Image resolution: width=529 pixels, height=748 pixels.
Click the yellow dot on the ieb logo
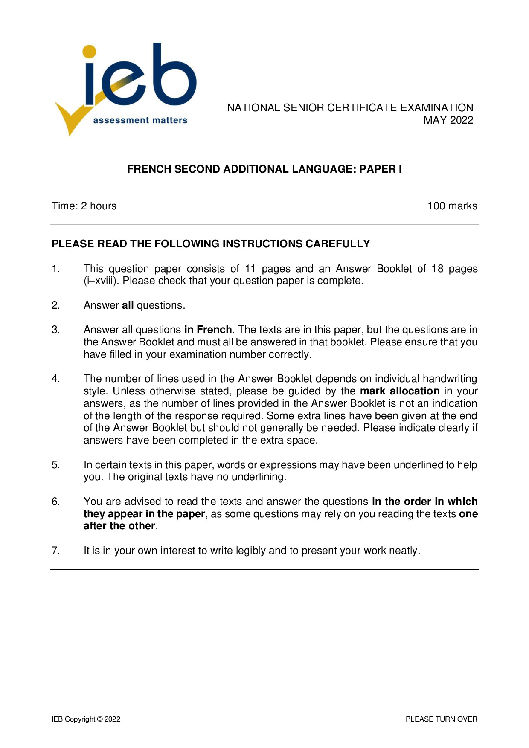[x=89, y=51]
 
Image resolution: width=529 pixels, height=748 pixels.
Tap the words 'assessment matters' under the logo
[x=140, y=121]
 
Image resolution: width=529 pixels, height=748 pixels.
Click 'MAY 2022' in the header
[x=448, y=120]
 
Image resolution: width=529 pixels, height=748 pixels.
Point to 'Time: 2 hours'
[x=84, y=206]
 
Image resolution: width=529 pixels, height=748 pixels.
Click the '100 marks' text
[x=452, y=206]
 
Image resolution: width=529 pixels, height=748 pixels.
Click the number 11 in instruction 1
[x=250, y=269]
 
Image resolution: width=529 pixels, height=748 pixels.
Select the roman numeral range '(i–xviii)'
[x=100, y=281]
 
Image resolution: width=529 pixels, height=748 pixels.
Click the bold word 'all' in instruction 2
[x=128, y=305]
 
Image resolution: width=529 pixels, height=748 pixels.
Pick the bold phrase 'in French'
[x=208, y=330]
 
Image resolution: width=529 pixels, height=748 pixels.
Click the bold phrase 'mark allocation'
[x=400, y=391]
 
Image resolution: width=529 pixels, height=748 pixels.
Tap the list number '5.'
[x=56, y=465]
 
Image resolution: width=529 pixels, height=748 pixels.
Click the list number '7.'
[x=56, y=551]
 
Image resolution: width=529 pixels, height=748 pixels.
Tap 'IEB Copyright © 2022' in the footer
[x=86, y=719]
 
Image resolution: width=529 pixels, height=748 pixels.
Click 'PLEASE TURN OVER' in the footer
[x=441, y=719]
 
